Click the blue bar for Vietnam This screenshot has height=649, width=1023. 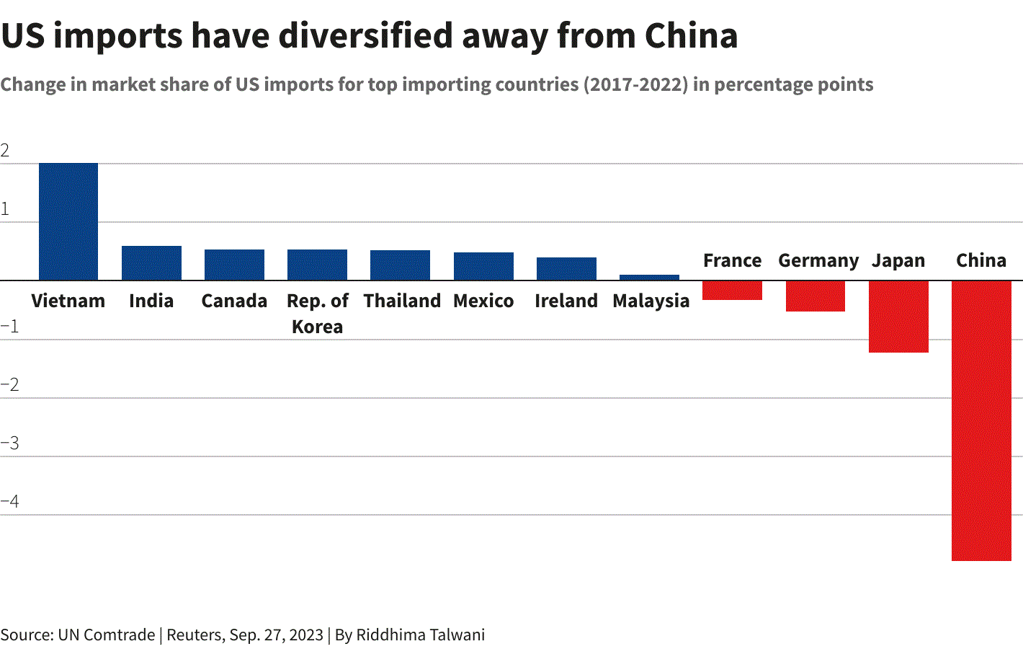click(68, 221)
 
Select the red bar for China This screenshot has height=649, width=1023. click(981, 420)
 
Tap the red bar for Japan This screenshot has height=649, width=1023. click(898, 317)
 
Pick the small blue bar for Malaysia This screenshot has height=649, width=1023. click(649, 278)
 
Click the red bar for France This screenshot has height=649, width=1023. click(732, 290)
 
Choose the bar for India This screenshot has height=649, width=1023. click(151, 262)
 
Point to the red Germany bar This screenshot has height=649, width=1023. click(816, 296)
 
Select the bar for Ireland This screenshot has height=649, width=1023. click(566, 269)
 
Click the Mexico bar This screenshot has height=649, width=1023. click(483, 266)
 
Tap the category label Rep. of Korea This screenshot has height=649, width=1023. click(318, 314)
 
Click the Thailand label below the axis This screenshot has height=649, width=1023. click(402, 301)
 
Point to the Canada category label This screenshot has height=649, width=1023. click(234, 301)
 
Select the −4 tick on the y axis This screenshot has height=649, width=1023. click(9, 501)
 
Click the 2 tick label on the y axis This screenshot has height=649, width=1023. click(4, 151)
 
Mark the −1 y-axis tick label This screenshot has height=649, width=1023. click(9, 327)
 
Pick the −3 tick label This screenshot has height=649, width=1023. click(9, 443)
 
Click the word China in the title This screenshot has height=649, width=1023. click(691, 35)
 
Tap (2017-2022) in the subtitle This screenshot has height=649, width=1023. click(635, 84)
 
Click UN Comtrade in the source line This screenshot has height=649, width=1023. click(107, 635)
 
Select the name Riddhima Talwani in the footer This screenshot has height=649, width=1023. click(420, 635)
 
